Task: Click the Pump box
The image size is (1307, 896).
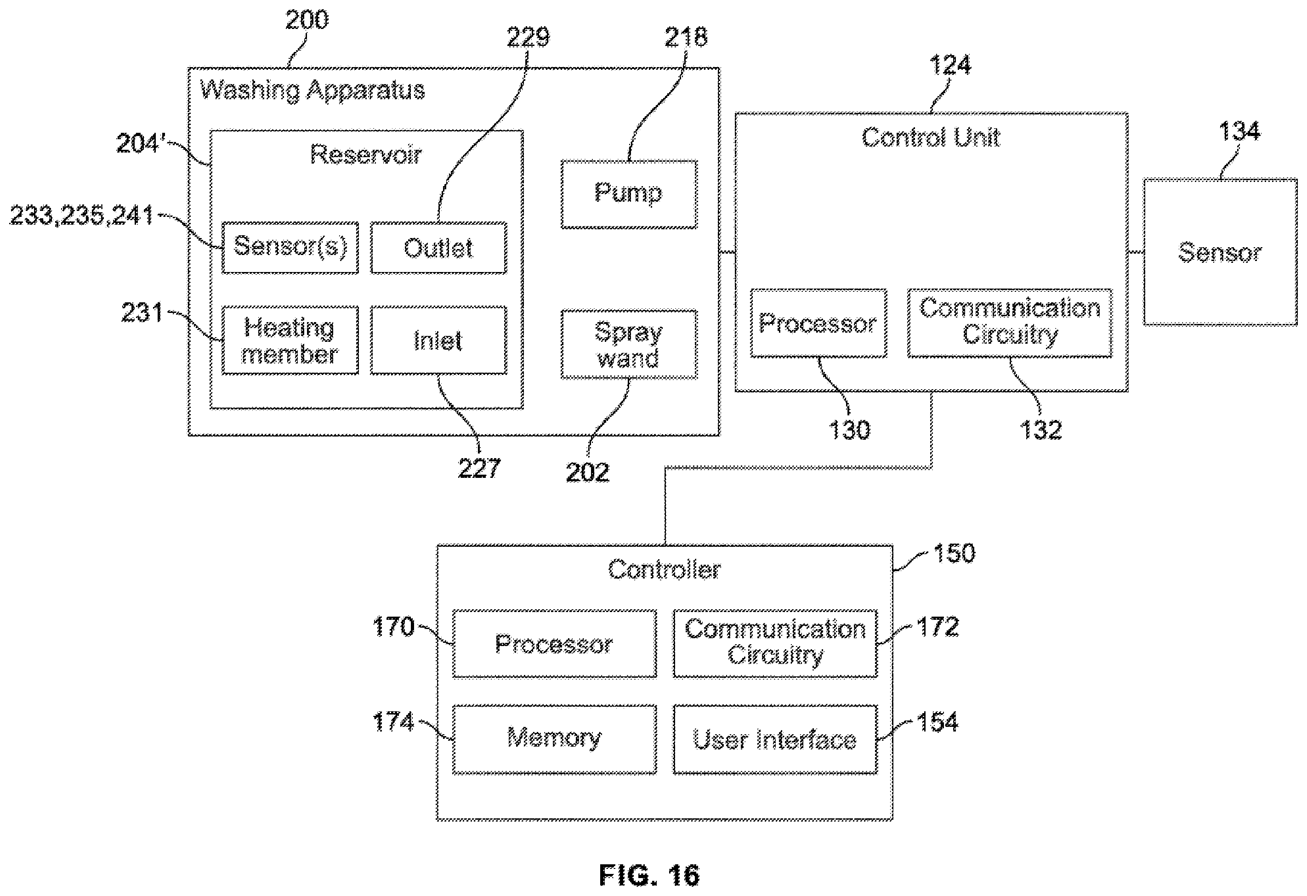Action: (x=629, y=195)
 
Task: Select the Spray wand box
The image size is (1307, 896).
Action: (x=629, y=344)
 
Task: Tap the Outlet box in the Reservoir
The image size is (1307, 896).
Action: (x=439, y=248)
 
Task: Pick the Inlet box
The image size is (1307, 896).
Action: (x=439, y=340)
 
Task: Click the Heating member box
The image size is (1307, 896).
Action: (x=290, y=340)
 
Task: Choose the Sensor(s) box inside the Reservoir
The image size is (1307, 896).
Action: (x=290, y=248)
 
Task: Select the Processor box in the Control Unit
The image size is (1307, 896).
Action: (x=819, y=323)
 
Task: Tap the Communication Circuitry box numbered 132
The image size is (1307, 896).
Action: (x=1010, y=323)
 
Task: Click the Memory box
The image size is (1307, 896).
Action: (x=555, y=739)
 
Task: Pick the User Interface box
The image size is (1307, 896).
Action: (x=775, y=739)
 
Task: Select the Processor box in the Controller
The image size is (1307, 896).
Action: (x=555, y=643)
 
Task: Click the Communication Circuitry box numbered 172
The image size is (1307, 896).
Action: (x=775, y=643)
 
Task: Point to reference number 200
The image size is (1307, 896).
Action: (x=307, y=20)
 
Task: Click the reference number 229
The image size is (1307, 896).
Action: (x=528, y=37)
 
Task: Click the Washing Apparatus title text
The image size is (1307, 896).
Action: (x=313, y=91)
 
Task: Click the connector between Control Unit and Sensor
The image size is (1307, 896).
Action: (x=1136, y=252)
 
